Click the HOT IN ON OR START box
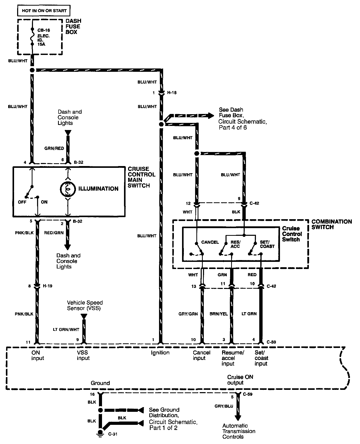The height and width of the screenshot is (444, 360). (x=44, y=11)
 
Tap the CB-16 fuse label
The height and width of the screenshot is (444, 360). (x=43, y=30)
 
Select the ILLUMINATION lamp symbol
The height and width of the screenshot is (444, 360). (x=68, y=189)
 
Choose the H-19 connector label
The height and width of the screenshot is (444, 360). (x=48, y=286)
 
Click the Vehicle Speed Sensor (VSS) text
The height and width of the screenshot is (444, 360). (x=85, y=305)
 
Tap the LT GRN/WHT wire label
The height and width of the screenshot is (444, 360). (x=66, y=330)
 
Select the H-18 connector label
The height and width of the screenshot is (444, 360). (x=172, y=93)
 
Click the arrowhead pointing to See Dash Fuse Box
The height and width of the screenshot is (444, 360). (x=211, y=116)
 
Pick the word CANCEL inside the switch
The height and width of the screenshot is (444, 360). (x=210, y=242)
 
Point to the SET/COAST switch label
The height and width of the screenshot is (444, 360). (x=267, y=244)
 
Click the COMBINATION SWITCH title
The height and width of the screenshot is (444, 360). (x=331, y=224)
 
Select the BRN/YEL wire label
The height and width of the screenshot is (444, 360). (x=219, y=314)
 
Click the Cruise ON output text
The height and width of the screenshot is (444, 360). (x=240, y=380)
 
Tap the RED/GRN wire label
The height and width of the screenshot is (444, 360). (x=54, y=233)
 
